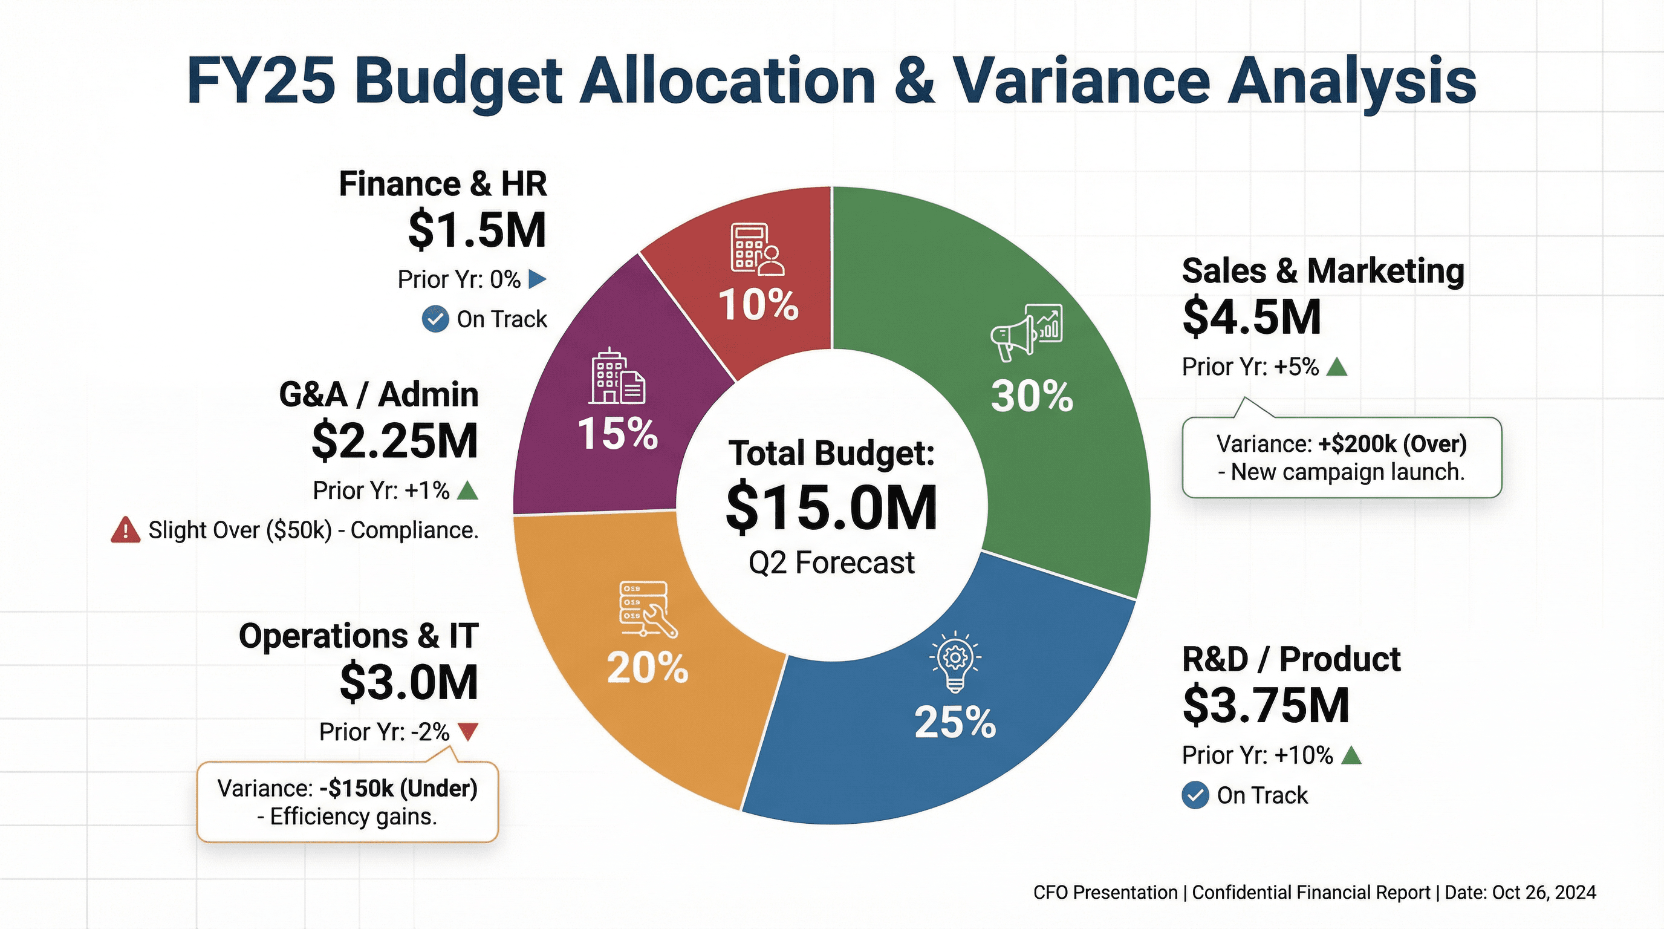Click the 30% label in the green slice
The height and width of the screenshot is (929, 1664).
(x=1032, y=396)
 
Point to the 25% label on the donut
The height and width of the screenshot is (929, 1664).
(x=955, y=722)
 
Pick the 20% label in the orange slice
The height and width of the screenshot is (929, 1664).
(x=647, y=668)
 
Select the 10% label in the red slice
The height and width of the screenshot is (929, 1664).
(x=758, y=304)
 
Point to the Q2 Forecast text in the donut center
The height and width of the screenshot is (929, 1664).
(x=831, y=562)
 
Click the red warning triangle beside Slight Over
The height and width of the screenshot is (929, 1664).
(x=125, y=530)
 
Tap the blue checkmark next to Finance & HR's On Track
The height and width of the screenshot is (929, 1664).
(x=435, y=319)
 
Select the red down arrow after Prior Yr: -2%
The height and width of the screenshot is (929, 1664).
(x=467, y=732)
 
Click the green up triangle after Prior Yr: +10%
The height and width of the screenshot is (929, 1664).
(x=1351, y=755)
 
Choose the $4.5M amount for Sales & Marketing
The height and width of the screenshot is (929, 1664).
(x=1251, y=317)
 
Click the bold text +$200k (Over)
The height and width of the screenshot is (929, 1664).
(x=1392, y=444)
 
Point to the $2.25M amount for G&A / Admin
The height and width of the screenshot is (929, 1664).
(x=395, y=440)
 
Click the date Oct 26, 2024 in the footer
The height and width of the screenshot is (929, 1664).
(x=1544, y=893)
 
